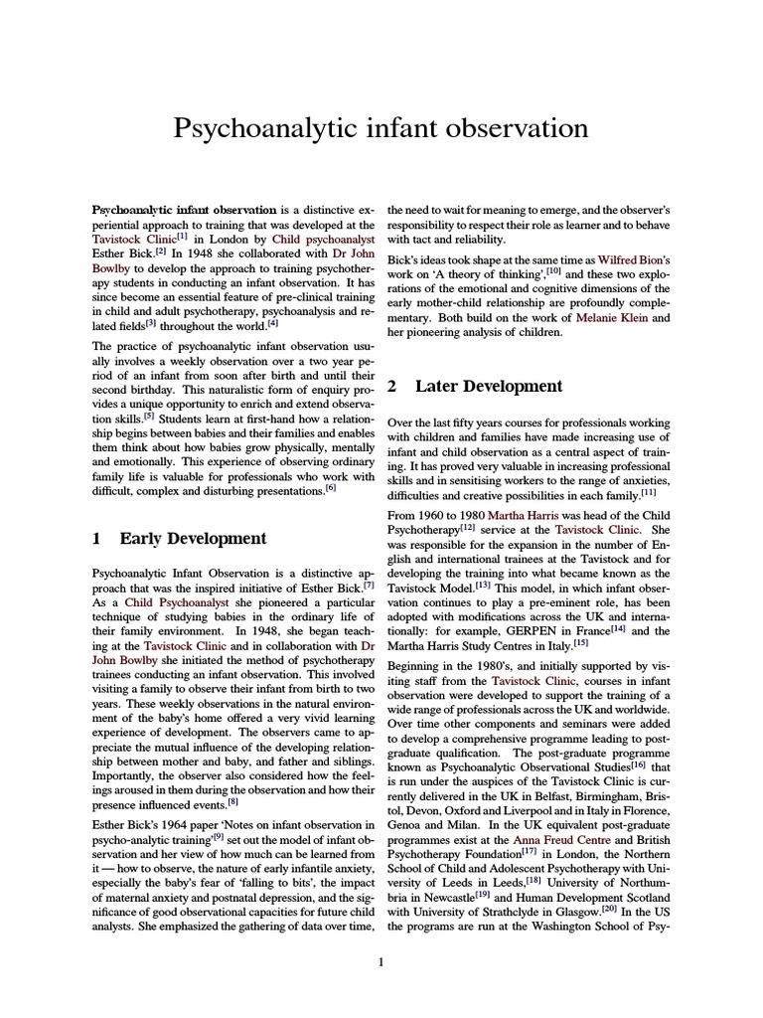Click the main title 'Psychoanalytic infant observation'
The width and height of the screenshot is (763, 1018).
pos(381,128)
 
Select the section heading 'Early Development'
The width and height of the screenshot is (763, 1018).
pos(193,539)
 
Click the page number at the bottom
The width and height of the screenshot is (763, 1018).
pos(381,961)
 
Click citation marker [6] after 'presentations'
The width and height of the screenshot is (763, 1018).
pos(331,486)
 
